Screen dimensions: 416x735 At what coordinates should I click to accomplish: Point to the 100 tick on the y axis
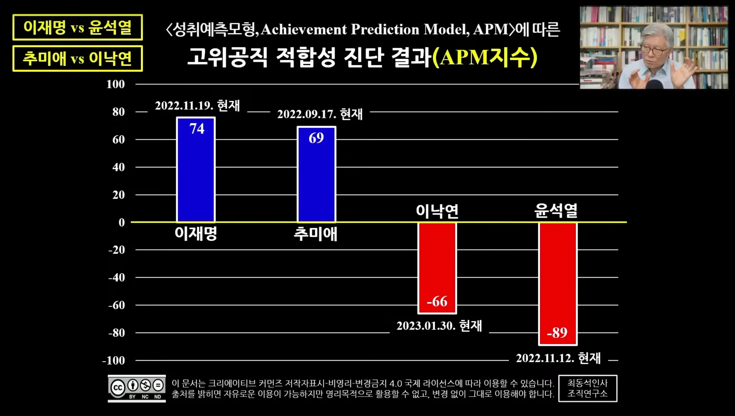pyautogui.click(x=116, y=84)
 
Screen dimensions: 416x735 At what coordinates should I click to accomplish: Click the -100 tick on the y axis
pyautogui.click(x=113, y=360)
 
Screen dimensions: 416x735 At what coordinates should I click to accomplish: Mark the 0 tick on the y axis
pyautogui.click(x=122, y=222)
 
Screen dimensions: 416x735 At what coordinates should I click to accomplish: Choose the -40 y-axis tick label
pyautogui.click(x=116, y=277)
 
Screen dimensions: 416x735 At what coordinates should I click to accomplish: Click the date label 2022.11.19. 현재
pyautogui.click(x=197, y=106)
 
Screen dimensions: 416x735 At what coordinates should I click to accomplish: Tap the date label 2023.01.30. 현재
pyautogui.click(x=439, y=326)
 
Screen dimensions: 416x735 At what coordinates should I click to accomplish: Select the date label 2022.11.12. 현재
pyautogui.click(x=558, y=358)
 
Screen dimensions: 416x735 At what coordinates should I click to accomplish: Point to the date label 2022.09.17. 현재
pyautogui.click(x=320, y=114)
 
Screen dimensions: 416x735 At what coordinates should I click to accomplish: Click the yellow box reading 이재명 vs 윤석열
pyautogui.click(x=78, y=27)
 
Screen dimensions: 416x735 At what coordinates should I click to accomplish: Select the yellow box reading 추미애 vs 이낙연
pyautogui.click(x=78, y=58)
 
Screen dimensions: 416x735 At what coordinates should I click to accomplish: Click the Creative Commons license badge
pyautogui.click(x=137, y=388)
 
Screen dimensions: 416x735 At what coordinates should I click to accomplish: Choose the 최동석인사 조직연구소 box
pyautogui.click(x=587, y=388)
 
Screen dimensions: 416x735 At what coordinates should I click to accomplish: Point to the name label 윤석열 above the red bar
pyautogui.click(x=556, y=211)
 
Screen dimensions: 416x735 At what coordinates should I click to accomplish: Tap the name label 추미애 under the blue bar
pyautogui.click(x=315, y=234)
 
